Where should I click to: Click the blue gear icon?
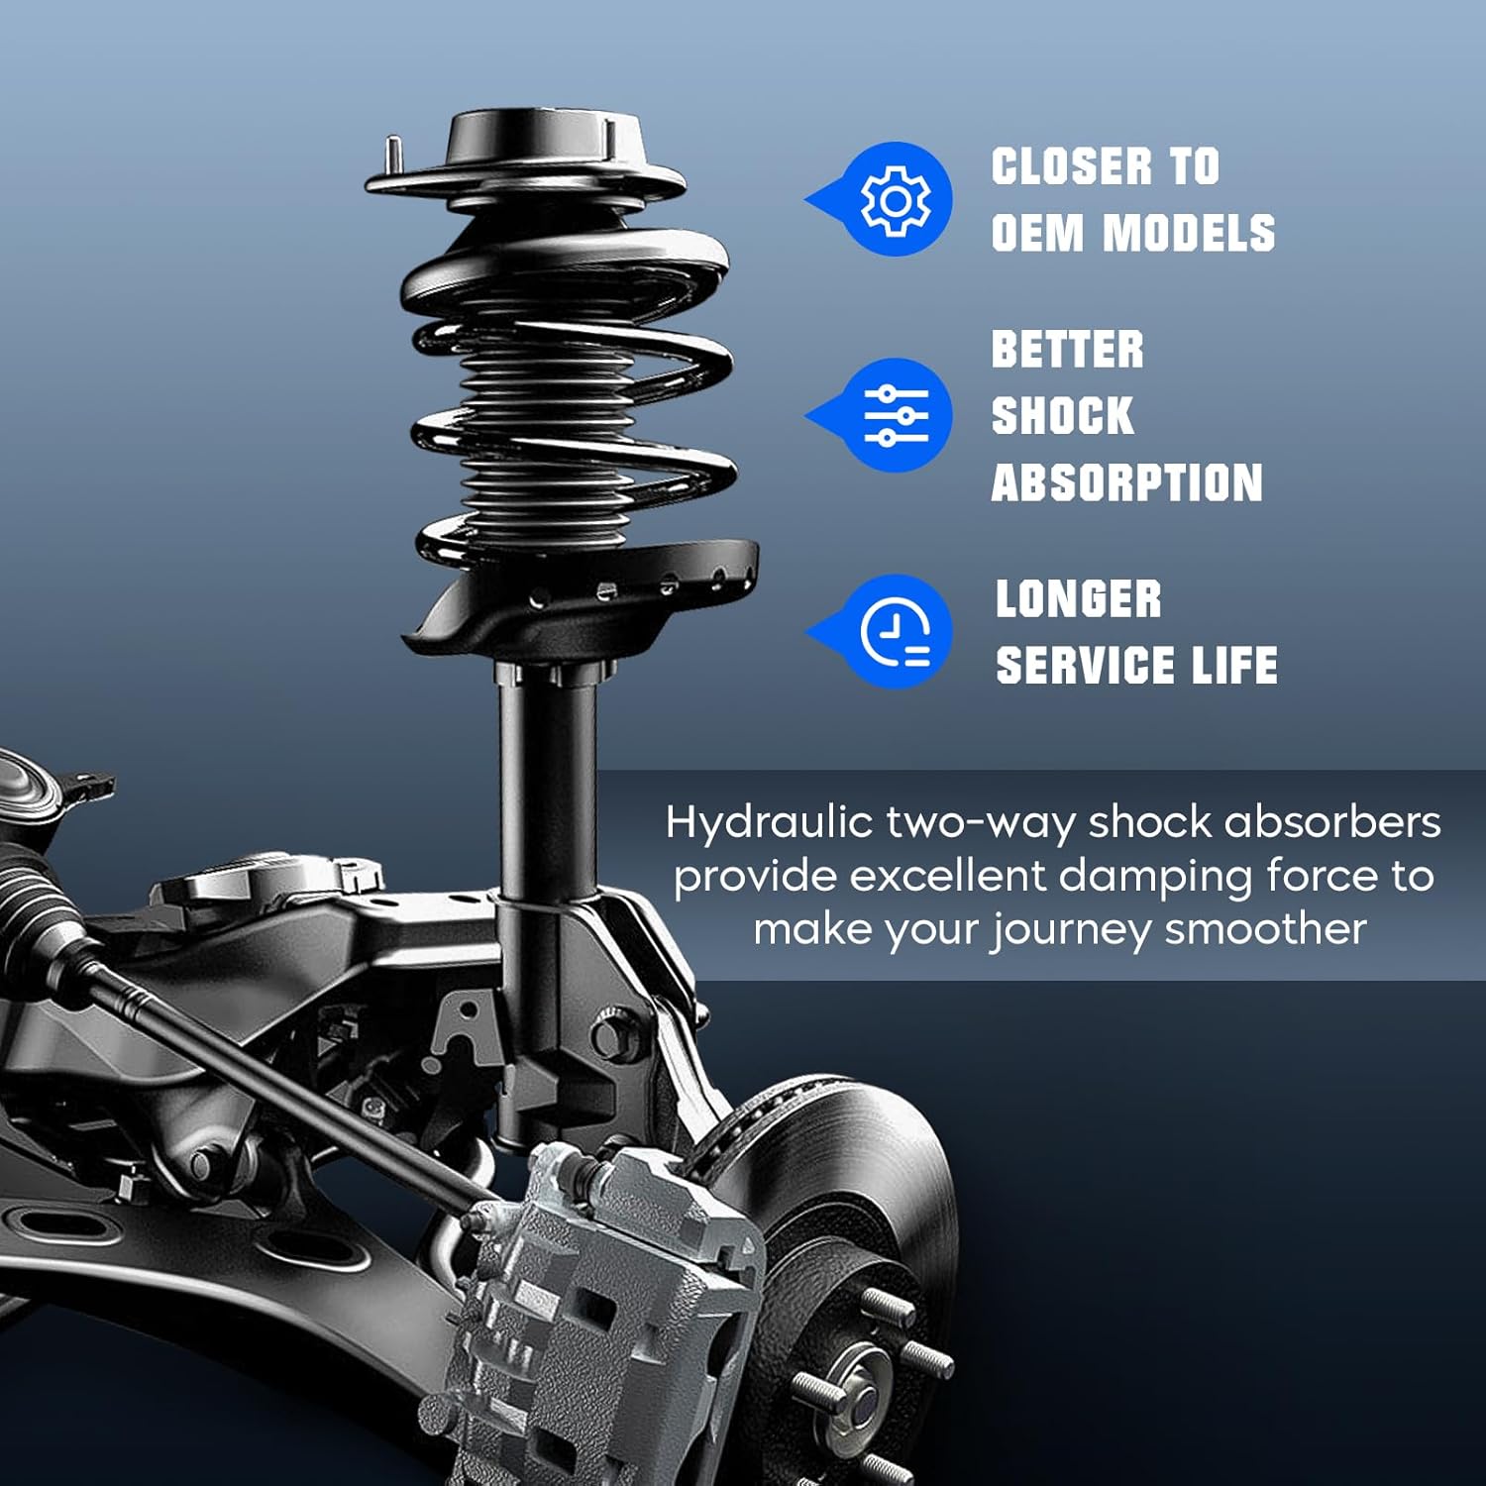coord(895,200)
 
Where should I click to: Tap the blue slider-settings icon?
coord(896,415)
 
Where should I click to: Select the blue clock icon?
coord(896,632)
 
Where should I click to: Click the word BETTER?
coord(1067,351)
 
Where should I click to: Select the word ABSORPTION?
coord(1126,483)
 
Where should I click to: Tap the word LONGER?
coord(1078,599)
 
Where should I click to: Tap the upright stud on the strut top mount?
coord(393,155)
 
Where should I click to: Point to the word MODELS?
coord(1189,234)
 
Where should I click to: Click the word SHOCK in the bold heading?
coord(1062,416)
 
